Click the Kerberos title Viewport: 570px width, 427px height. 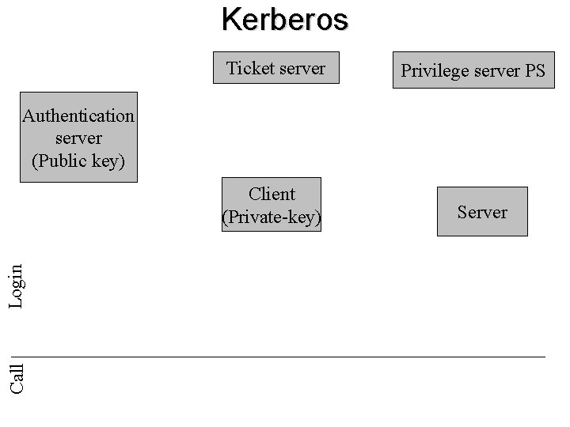(x=284, y=19)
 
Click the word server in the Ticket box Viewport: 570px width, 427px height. (x=298, y=68)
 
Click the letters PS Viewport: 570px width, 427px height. (x=534, y=71)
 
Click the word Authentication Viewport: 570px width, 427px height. (x=78, y=115)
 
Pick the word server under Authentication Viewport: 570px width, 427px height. (x=78, y=138)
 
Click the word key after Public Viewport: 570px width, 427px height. (x=108, y=161)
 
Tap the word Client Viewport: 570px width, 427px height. (x=272, y=194)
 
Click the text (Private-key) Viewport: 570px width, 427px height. (x=272, y=217)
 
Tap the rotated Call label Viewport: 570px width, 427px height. (x=16, y=377)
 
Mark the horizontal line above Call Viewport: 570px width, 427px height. (x=285, y=357)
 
